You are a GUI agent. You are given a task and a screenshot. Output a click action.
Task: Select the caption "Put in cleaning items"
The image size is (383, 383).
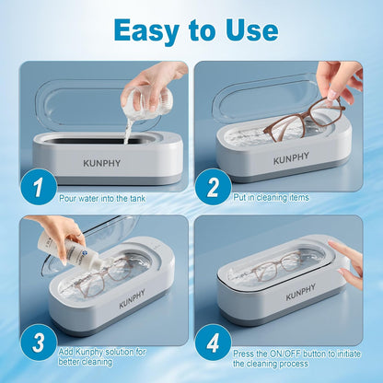pyautogui.click(x=278, y=197)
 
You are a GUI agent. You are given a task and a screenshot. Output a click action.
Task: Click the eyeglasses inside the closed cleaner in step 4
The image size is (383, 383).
pyautogui.click(x=277, y=270)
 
